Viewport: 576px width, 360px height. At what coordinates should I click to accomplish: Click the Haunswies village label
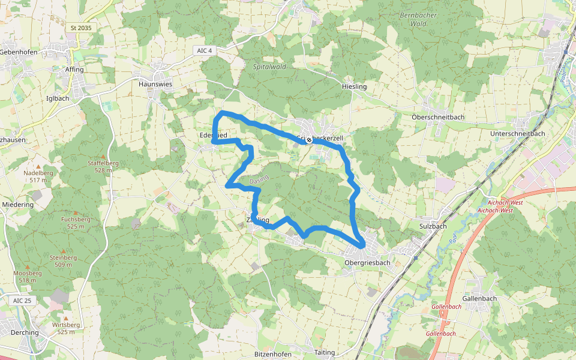(x=155, y=85)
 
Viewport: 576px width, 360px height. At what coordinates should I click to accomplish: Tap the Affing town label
(x=74, y=70)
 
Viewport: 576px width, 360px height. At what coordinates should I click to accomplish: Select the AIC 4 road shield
(x=205, y=50)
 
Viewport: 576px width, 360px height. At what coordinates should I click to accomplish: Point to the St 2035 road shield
(x=81, y=28)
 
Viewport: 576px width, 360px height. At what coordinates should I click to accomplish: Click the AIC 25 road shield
(x=22, y=300)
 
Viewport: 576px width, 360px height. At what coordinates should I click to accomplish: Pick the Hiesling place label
(x=353, y=87)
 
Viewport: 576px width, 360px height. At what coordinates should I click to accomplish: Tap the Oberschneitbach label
(x=438, y=116)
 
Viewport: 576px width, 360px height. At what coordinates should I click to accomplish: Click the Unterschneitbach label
(x=517, y=134)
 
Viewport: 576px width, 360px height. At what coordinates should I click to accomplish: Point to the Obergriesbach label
(x=368, y=262)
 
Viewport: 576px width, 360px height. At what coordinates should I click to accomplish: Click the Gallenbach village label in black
(x=479, y=298)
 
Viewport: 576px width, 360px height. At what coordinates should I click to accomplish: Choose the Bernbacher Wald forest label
(x=418, y=19)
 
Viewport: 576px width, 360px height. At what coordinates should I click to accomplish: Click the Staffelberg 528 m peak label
(x=103, y=166)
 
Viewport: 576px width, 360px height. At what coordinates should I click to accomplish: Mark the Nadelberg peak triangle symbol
(x=38, y=166)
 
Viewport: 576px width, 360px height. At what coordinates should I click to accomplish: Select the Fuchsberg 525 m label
(x=76, y=223)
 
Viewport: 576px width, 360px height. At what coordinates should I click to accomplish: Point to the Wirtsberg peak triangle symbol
(x=66, y=318)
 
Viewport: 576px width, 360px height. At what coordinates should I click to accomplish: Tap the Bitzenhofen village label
(x=273, y=354)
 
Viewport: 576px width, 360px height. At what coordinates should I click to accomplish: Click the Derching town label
(x=24, y=332)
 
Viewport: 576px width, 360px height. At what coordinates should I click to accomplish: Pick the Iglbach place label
(x=58, y=98)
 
